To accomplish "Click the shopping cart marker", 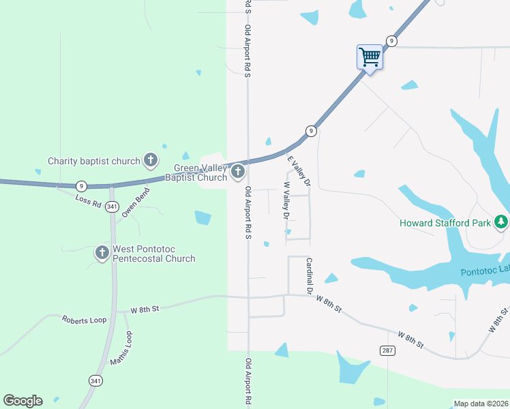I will (x=370, y=57).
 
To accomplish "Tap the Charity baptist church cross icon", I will (x=151, y=161).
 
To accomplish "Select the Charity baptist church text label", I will (x=93, y=162).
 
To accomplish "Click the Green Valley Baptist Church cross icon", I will (x=238, y=172).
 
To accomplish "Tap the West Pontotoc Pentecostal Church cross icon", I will (x=102, y=253).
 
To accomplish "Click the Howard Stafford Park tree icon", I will (x=501, y=222).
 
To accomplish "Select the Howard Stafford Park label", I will (x=446, y=223).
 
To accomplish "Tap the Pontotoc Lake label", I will (x=485, y=271).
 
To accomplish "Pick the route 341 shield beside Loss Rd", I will (x=112, y=207).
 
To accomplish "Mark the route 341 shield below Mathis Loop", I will (x=95, y=380).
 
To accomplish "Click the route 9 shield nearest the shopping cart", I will (x=391, y=42).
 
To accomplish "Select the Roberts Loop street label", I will (x=85, y=320).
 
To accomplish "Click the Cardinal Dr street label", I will (x=309, y=276).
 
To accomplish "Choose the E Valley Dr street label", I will (x=299, y=171).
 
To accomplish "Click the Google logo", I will (x=22, y=401).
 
